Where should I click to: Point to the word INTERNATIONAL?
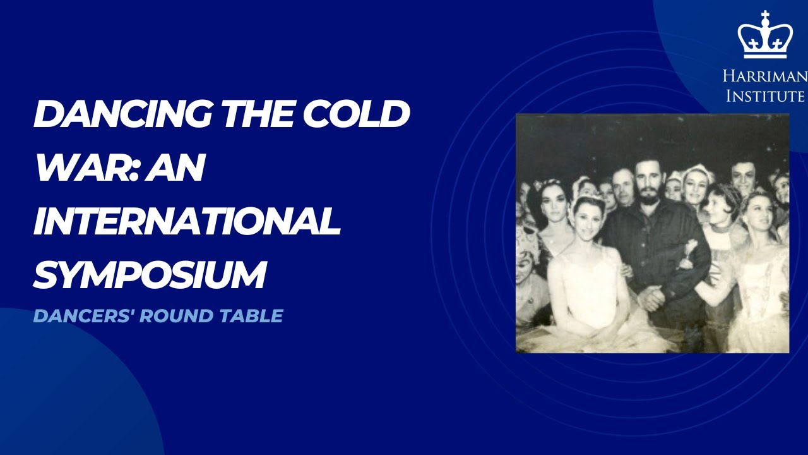point(187,221)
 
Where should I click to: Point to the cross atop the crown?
point(764,16)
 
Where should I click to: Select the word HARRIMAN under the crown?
point(764,77)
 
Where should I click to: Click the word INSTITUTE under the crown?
point(765,96)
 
